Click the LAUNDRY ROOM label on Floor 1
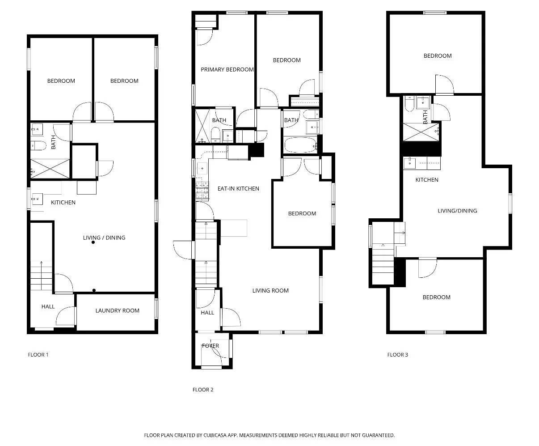click(117, 311)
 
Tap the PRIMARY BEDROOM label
click(227, 70)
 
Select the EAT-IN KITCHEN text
click(238, 189)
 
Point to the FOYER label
click(210, 346)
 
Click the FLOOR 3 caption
click(397, 355)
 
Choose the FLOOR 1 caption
click(38, 355)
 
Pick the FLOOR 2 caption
click(203, 390)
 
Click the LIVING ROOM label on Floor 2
click(270, 291)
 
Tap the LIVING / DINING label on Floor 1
click(104, 238)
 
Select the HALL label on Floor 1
click(48, 307)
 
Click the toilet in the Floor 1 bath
click(38, 145)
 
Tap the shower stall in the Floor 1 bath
click(50, 169)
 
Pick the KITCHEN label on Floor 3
click(427, 180)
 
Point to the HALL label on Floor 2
click(207, 313)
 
